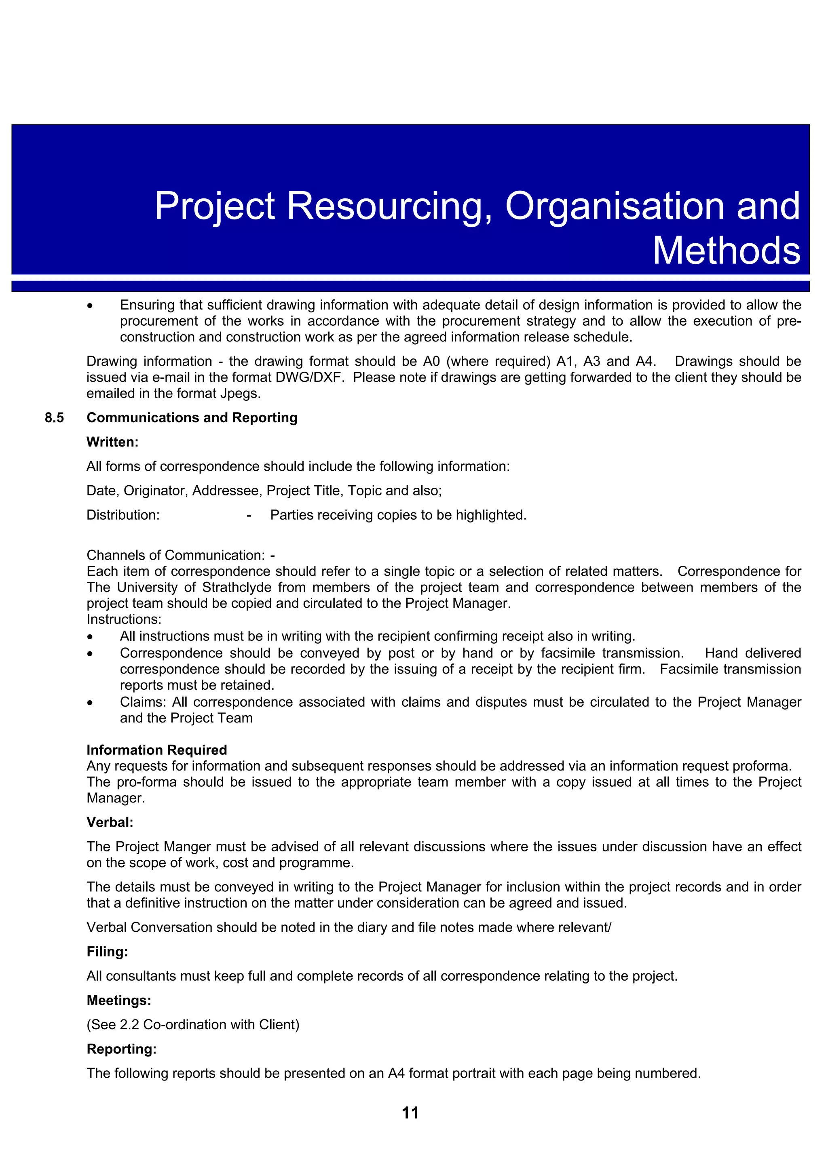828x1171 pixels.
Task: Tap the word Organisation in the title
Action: [x=614, y=206]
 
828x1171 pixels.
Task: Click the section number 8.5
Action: [x=54, y=418]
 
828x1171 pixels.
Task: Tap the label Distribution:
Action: [x=123, y=515]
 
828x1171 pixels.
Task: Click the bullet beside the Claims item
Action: [x=90, y=703]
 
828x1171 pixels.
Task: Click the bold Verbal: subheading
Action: [x=110, y=822]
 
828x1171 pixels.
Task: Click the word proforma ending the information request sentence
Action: [x=762, y=766]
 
